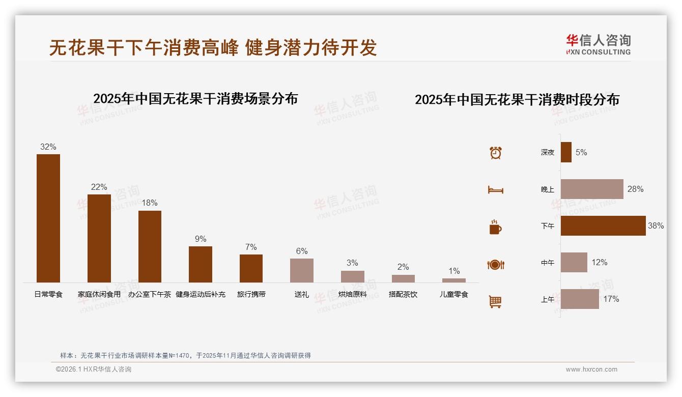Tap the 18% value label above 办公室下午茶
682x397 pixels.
click(150, 203)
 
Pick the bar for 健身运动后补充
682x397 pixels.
click(201, 264)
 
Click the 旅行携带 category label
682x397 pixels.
click(251, 294)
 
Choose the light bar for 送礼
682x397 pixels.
click(302, 270)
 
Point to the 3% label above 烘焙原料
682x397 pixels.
click(352, 263)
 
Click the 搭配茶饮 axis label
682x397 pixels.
click(403, 294)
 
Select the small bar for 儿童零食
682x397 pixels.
click(454, 280)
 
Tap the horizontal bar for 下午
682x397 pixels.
click(603, 225)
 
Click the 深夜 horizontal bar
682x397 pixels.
click(566, 152)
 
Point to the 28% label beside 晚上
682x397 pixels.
click(635, 189)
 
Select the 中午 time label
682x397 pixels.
click(548, 263)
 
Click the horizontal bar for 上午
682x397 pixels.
click(580, 299)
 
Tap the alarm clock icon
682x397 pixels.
click(496, 153)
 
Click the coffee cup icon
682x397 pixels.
click(495, 227)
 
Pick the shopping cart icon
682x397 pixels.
click(495, 301)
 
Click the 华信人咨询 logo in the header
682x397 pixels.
click(598, 44)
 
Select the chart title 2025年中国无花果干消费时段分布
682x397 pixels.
click(517, 99)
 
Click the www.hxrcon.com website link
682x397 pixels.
click(591, 370)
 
